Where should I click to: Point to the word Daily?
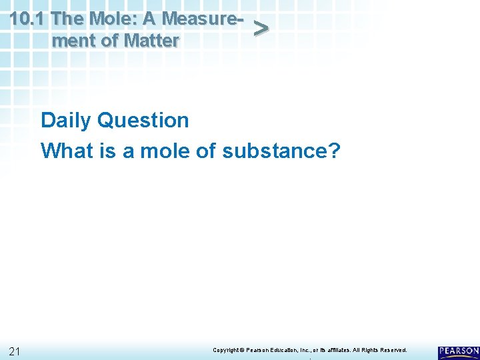tap(66, 121)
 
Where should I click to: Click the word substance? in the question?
tap(281, 151)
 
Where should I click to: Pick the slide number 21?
tap(16, 351)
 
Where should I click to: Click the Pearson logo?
tap(459, 351)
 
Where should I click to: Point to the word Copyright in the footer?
tap(225, 350)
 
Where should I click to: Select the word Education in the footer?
tap(286, 350)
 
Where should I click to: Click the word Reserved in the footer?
tap(393, 350)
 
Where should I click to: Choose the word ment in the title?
tap(72, 41)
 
